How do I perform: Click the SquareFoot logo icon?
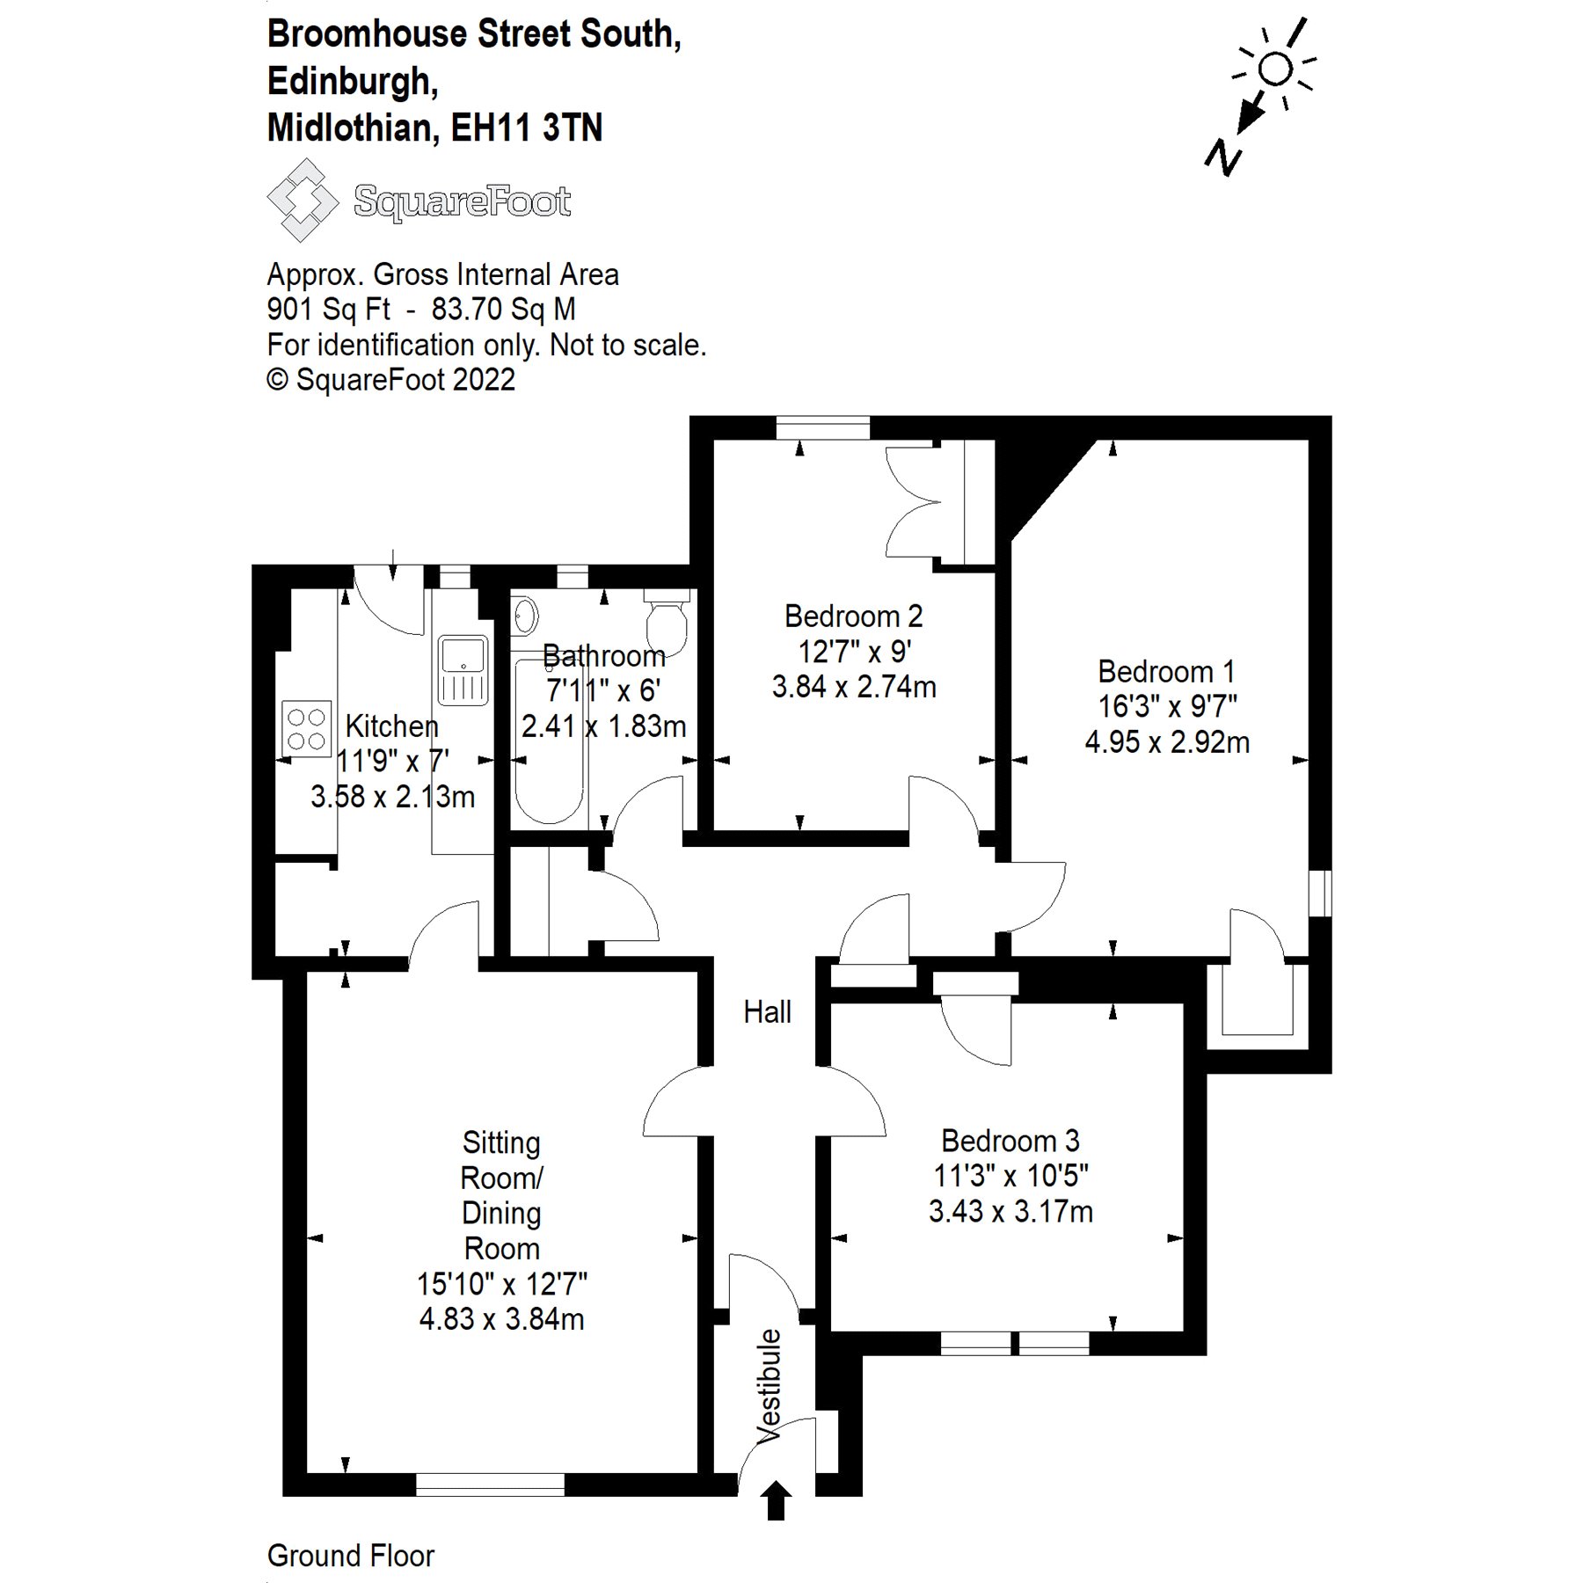302,201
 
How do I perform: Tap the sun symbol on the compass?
1275,68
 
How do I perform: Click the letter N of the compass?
1223,157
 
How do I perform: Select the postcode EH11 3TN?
527,128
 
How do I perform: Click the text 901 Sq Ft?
328,310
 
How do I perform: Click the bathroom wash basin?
525,615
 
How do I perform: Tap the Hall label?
767,1012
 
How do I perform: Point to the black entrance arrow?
775,1499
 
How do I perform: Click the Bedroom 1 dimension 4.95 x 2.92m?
1167,742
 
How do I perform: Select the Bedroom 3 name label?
1010,1141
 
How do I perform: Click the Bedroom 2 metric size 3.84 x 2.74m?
854,687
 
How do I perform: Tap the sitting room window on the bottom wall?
489,1485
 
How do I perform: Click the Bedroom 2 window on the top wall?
823,428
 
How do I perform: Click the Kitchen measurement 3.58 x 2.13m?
392,797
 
